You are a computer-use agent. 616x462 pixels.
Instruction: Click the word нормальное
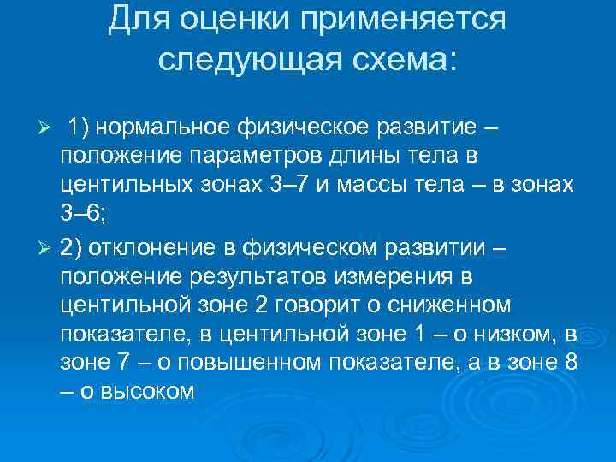pos(164,127)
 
